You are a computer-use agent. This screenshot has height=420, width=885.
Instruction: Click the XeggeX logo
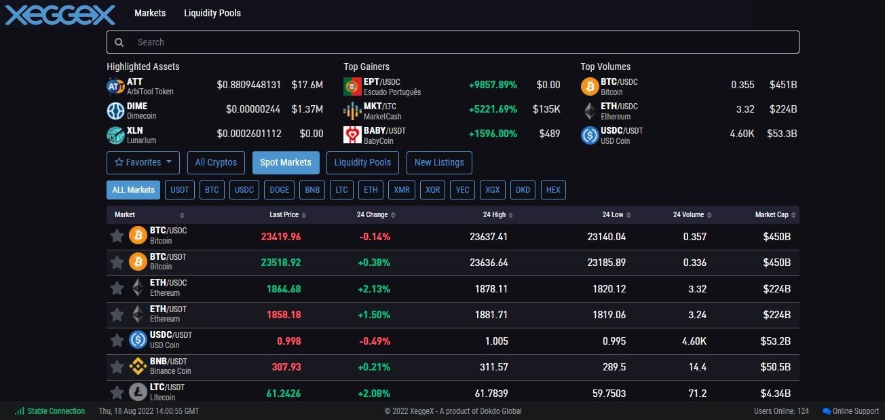(60, 14)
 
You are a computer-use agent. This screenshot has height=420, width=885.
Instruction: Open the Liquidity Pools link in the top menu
(212, 13)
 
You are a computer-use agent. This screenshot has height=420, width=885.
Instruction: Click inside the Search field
(453, 42)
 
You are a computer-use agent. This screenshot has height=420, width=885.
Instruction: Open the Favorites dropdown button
(143, 163)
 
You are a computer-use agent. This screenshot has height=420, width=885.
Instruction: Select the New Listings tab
(438, 163)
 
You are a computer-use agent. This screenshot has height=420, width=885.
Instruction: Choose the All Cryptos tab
(216, 163)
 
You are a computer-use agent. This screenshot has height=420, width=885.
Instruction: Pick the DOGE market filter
(279, 190)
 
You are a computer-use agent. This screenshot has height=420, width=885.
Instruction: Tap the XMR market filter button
(402, 190)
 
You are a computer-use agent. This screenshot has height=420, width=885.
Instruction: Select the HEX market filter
(553, 190)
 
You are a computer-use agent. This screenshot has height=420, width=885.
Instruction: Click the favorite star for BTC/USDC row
(117, 235)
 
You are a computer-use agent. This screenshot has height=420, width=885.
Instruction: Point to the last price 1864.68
(284, 289)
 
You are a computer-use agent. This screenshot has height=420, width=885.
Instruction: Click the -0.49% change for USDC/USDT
(375, 341)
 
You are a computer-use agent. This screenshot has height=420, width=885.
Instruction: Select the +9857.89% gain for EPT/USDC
(493, 85)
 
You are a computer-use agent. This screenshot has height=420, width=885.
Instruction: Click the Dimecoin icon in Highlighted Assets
(115, 111)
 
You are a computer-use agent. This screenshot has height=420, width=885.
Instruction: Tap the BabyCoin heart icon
(352, 134)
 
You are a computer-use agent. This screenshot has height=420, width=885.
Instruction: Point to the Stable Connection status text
(56, 411)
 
